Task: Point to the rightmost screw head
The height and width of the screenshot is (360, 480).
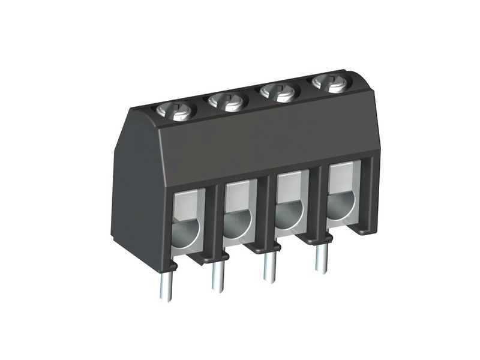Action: coord(328,83)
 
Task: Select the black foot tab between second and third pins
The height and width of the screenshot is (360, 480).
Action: coord(255,247)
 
